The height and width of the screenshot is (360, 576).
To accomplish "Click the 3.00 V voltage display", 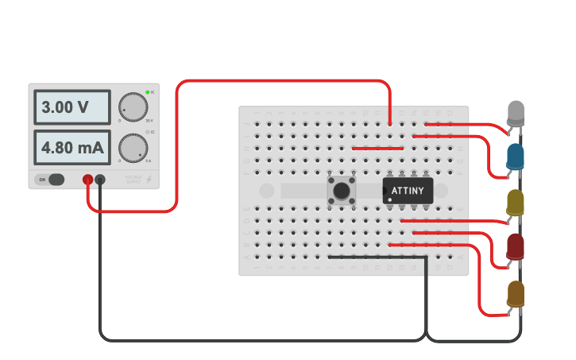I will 72,107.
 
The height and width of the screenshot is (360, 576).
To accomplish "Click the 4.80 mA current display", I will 72,148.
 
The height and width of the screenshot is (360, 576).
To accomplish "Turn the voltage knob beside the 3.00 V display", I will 133,107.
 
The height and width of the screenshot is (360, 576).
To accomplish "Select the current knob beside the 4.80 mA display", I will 133,148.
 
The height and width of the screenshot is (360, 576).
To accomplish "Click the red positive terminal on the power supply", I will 88,180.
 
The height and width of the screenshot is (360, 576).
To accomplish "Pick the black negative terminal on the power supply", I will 100,180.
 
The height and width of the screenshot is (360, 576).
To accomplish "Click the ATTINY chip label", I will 408,191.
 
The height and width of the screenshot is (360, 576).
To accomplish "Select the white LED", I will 516,112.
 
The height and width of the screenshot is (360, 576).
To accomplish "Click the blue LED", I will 516,156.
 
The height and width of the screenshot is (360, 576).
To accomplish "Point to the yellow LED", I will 516,202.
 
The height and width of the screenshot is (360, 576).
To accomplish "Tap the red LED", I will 516,246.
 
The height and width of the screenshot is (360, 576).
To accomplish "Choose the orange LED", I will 516,293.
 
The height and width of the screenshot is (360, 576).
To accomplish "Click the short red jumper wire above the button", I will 377,148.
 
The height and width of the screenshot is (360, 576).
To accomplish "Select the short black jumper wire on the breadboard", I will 378,257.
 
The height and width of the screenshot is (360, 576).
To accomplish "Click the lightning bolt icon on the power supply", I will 149,180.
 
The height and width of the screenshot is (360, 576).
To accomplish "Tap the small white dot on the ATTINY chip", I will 390,199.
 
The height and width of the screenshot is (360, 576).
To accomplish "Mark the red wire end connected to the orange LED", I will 506,314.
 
